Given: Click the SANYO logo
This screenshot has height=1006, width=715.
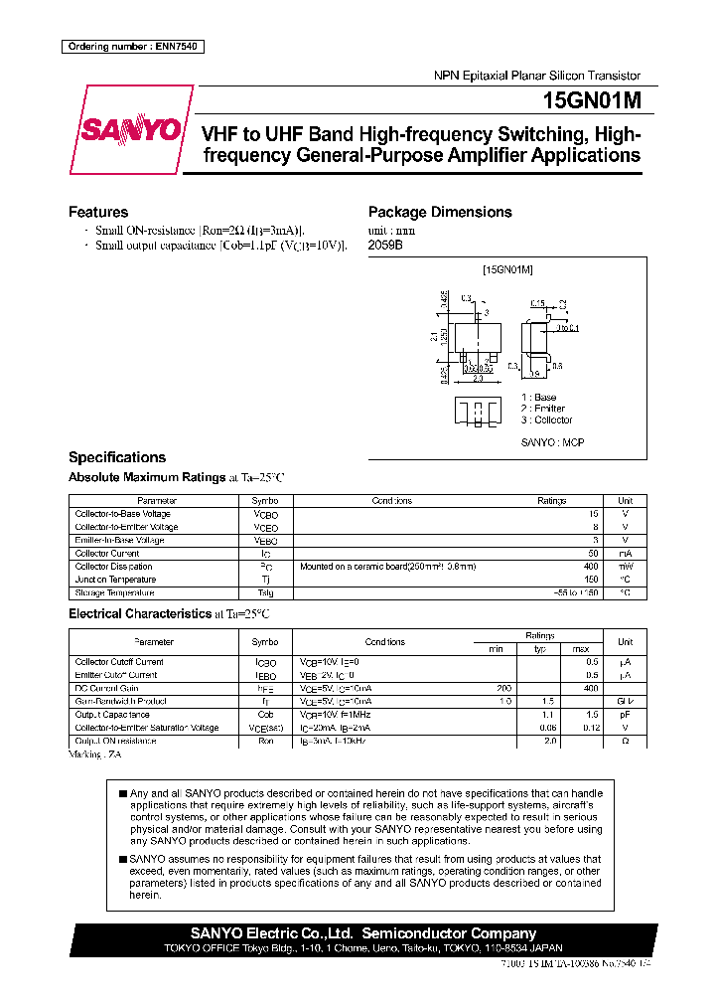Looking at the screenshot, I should [x=131, y=130].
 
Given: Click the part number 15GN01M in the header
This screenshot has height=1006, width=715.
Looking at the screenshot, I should [x=591, y=100].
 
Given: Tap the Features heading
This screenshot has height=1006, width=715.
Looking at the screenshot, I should [x=98, y=212].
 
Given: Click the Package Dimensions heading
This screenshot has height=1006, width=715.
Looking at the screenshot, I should [x=440, y=212].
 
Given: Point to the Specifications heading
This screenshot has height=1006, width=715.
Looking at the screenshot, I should [x=117, y=457].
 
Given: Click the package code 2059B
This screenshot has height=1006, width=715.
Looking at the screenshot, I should [x=385, y=245].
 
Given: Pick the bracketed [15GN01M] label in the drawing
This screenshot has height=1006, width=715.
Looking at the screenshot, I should [x=507, y=269].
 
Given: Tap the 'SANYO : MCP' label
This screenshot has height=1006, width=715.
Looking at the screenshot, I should [x=552, y=442].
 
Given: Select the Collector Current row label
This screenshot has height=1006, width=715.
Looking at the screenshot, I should [x=107, y=554].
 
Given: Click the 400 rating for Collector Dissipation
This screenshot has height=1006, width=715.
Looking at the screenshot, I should [x=590, y=567].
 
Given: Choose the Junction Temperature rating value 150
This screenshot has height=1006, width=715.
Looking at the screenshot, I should [x=591, y=580].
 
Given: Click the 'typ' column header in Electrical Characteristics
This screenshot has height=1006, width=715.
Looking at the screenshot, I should [x=540, y=648].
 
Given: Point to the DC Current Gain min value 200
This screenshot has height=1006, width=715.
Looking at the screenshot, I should [x=502, y=688].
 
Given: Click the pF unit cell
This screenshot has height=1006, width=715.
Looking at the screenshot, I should [x=625, y=715].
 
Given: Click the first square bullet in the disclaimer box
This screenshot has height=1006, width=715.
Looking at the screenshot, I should [x=122, y=793].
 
